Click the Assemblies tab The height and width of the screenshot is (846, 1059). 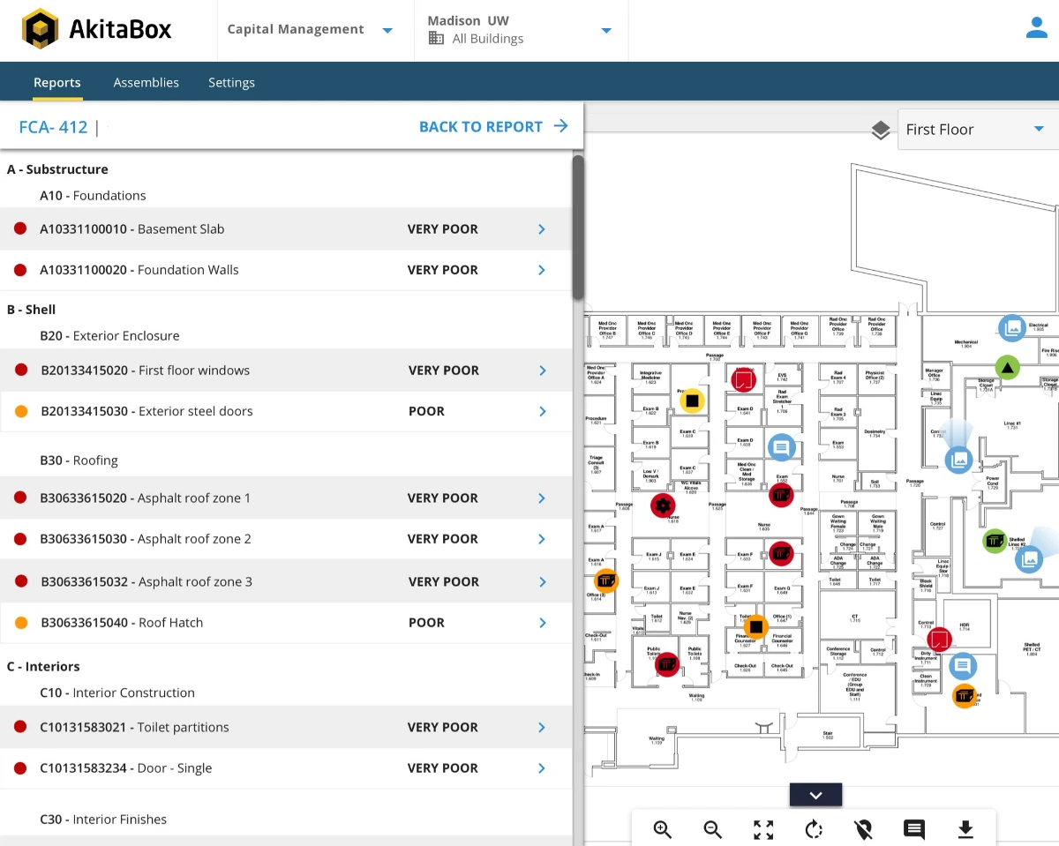(146, 83)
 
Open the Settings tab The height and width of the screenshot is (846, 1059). (231, 83)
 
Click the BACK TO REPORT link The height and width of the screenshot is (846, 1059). (492, 127)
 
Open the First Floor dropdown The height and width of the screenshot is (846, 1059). (974, 130)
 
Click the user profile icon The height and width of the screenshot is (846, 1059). (1036, 29)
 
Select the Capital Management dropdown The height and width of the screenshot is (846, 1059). (310, 30)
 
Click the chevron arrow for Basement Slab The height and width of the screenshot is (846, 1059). (542, 229)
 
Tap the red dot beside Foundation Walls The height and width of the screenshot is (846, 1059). (20, 270)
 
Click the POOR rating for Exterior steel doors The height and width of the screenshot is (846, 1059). (426, 411)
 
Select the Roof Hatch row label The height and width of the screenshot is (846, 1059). (170, 623)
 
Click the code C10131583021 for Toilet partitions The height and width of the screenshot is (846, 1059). (85, 728)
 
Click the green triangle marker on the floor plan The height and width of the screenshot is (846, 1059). (1007, 367)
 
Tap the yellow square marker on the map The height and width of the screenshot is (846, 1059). (693, 401)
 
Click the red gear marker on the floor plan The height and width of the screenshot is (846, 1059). (663, 505)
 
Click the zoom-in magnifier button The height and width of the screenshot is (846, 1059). (662, 829)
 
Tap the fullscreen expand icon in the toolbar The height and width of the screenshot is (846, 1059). (763, 829)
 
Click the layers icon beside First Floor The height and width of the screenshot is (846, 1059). (880, 131)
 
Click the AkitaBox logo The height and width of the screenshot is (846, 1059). (97, 29)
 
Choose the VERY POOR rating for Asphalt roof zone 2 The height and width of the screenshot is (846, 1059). (442, 539)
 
